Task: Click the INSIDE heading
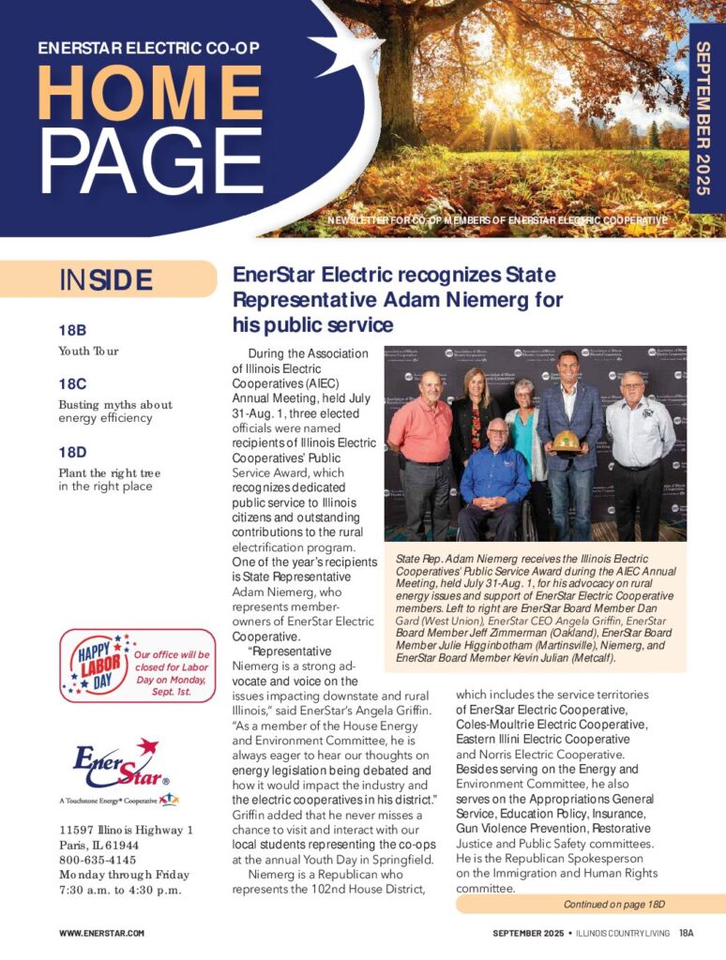[x=105, y=279]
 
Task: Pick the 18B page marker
[x=72, y=330]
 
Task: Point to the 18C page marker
[x=72, y=383]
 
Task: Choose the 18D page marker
[x=72, y=452]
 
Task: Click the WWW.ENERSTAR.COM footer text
[x=101, y=933]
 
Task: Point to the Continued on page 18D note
[x=613, y=905]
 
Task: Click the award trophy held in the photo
[x=565, y=441]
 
